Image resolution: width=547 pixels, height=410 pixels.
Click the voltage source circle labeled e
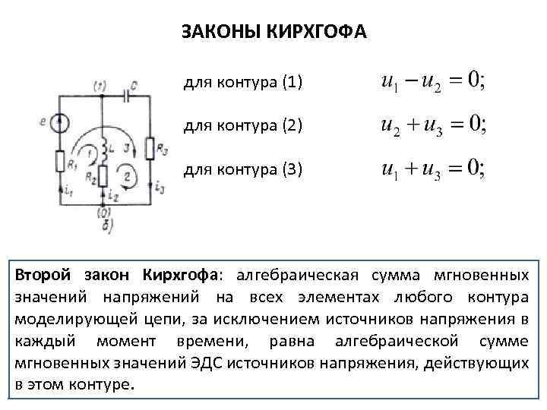tap(61, 121)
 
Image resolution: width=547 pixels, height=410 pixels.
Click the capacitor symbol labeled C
tap(128, 96)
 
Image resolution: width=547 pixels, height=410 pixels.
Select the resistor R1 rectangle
tap(61, 162)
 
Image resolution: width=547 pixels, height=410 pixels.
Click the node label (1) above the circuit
tap(100, 85)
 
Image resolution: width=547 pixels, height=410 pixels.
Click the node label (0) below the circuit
tap(104, 213)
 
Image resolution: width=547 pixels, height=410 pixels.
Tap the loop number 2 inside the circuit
tap(127, 177)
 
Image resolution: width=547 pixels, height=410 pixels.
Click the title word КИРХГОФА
tap(322, 33)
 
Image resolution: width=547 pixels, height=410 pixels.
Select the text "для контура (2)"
tap(243, 125)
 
